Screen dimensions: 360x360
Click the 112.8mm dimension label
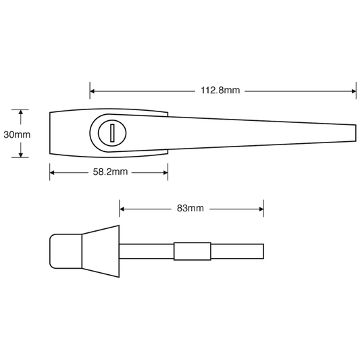(220, 91)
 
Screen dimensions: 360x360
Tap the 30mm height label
(17, 134)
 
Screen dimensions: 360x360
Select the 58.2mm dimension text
(110, 172)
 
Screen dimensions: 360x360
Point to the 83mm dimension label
(190, 208)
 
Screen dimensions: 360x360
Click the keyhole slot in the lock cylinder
(112, 133)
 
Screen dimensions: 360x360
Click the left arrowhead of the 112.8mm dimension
(92, 91)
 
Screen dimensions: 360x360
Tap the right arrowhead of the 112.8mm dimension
(354, 91)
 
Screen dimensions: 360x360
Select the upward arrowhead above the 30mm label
(21, 112)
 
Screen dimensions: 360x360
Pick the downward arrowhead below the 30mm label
(21, 155)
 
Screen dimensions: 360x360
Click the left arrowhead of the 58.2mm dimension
(52, 173)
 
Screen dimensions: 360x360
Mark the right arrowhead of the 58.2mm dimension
(165, 173)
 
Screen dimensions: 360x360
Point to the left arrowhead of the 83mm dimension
(122, 209)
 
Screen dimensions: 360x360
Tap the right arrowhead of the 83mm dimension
(261, 209)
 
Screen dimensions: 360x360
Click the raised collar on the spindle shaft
(192, 251)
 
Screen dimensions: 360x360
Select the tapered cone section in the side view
(101, 251)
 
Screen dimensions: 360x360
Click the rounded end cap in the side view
(66, 251)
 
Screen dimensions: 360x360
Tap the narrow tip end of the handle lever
(356, 133)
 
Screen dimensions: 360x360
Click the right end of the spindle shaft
(263, 251)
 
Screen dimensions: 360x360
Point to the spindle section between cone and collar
(147, 251)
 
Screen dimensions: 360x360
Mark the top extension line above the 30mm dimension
(20, 109)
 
